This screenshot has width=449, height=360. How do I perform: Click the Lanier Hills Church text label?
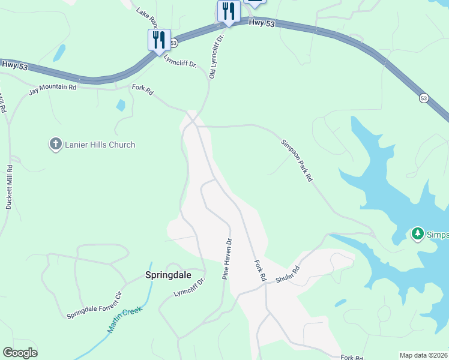(x=101, y=145)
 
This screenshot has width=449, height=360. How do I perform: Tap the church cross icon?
(x=55, y=144)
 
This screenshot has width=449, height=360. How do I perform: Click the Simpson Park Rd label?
(x=297, y=161)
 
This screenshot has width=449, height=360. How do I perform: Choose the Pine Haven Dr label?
(x=228, y=260)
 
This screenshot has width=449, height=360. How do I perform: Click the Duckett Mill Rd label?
(x=9, y=187)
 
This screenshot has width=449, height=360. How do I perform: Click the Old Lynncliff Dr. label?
(x=216, y=56)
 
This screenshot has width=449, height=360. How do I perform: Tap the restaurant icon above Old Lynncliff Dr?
(x=228, y=11)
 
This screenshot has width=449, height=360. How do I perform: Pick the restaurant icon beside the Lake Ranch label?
(x=159, y=40)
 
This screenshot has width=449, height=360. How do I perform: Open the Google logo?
(x=20, y=353)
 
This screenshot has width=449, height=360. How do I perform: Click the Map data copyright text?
(x=423, y=355)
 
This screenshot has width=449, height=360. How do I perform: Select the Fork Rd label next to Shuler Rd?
(x=260, y=271)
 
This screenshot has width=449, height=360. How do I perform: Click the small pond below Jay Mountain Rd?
(x=121, y=105)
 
